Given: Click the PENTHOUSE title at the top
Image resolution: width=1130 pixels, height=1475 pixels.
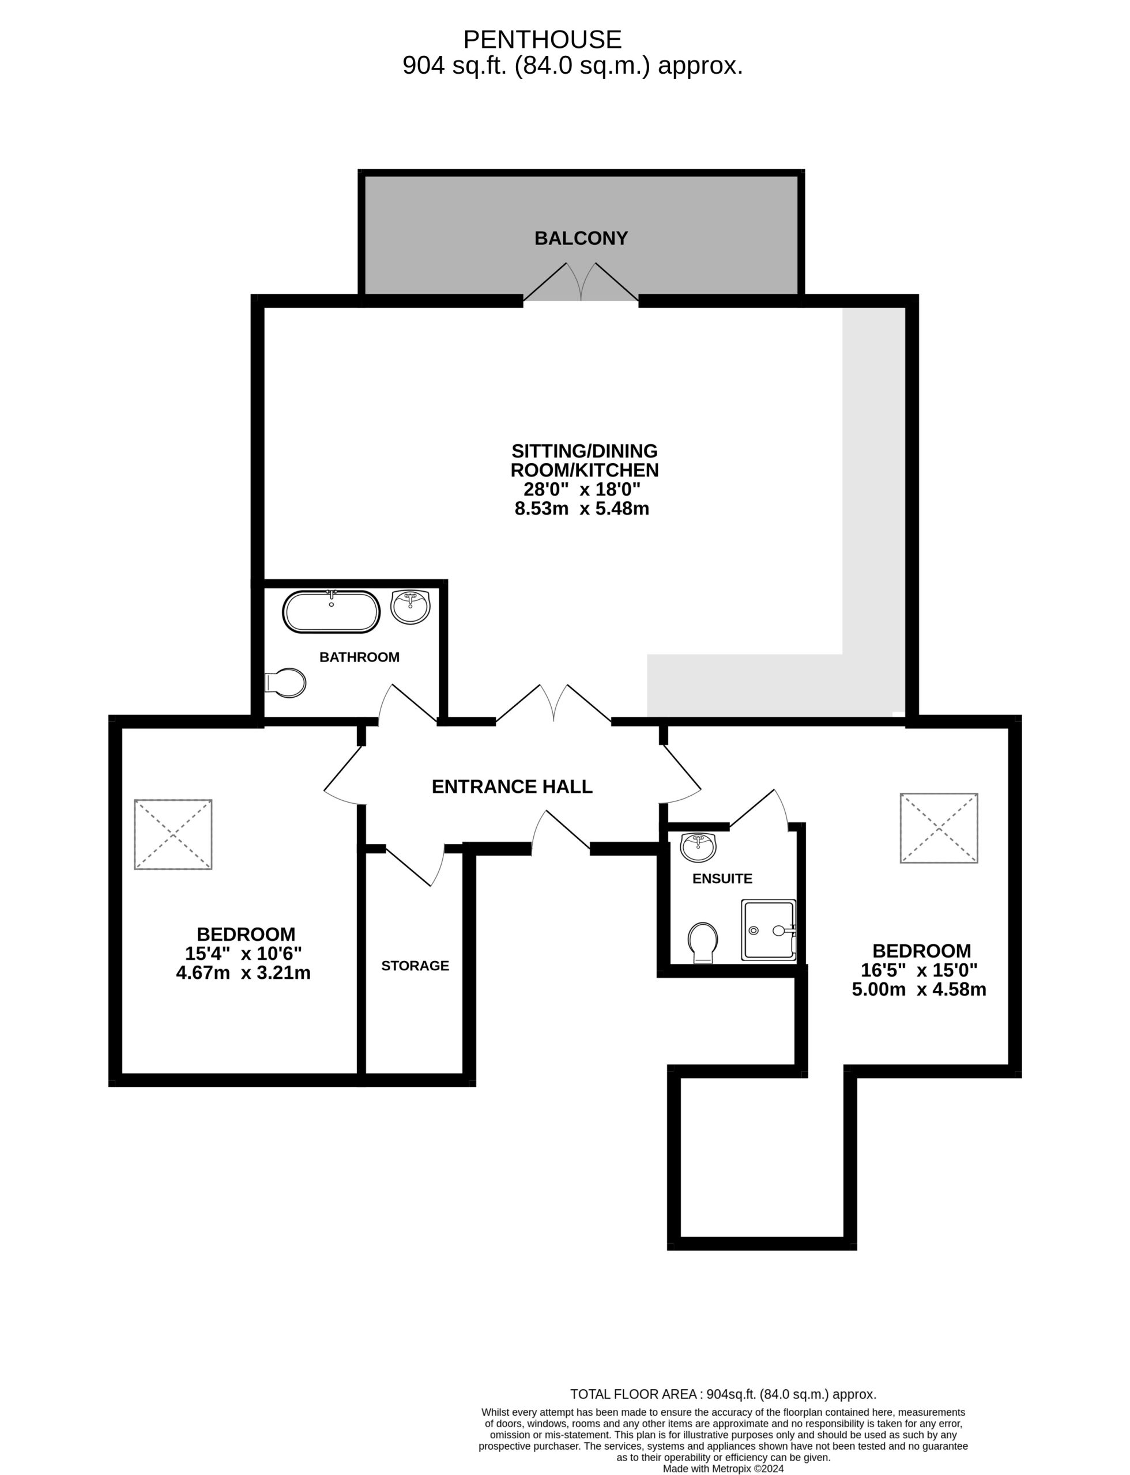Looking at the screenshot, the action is click(x=542, y=40).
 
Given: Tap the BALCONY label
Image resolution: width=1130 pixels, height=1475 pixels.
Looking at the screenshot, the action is click(x=581, y=238).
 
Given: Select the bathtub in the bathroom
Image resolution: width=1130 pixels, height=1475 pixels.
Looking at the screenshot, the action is click(x=331, y=611).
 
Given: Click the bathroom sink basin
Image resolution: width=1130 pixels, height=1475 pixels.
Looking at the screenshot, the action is click(x=410, y=607).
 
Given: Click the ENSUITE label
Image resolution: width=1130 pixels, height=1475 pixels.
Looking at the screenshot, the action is click(x=722, y=878).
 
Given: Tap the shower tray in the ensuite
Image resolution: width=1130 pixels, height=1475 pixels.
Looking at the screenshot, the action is click(x=768, y=930).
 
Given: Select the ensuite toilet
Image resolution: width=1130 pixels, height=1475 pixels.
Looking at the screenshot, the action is click(x=703, y=943).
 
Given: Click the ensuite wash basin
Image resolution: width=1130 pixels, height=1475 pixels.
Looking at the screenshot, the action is click(x=699, y=847).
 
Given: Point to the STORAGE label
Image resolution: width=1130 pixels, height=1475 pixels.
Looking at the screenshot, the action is click(x=415, y=966).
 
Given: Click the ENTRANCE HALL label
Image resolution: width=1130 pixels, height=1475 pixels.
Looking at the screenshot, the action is click(x=512, y=786).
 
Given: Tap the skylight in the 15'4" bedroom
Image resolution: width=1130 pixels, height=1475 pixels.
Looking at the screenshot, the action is click(x=174, y=834).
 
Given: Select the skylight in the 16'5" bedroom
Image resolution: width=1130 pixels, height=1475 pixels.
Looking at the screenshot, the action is click(x=939, y=827).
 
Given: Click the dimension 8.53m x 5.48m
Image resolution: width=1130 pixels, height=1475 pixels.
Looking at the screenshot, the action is click(x=582, y=508).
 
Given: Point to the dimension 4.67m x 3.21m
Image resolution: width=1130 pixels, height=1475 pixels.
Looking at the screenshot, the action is click(x=243, y=973).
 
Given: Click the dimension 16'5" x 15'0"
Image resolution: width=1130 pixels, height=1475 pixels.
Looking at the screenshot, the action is click(x=920, y=970).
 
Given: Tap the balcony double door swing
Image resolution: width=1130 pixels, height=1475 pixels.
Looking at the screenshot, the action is click(x=581, y=281).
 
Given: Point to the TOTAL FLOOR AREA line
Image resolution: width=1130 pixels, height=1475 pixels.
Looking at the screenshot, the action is click(x=723, y=1394).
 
